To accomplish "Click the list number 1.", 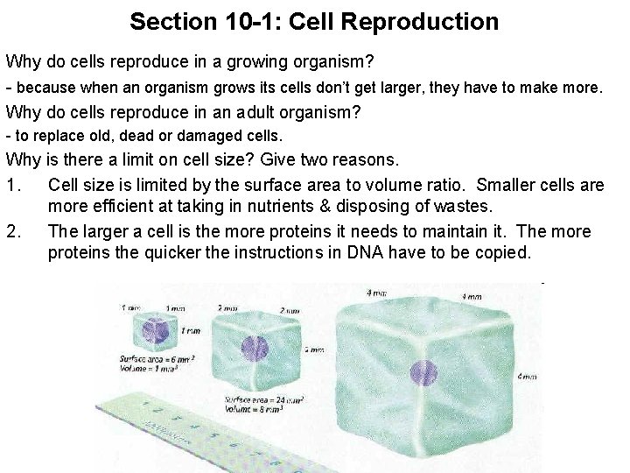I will click(x=12, y=185).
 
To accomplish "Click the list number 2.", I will click(x=12, y=232).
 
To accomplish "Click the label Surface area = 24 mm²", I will click(x=262, y=399).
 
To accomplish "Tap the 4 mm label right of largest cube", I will click(x=527, y=377).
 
